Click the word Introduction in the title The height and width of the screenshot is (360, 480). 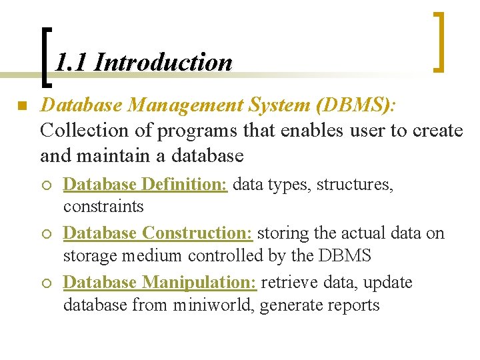coord(163,63)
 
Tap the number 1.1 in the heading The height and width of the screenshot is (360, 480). coord(71,63)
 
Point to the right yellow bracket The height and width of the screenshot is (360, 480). coord(439,41)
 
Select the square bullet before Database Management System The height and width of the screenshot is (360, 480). coord(21,107)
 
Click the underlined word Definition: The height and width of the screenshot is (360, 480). coord(186,184)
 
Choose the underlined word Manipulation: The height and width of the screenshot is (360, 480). coord(199,283)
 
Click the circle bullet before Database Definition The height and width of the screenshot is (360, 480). coord(47,185)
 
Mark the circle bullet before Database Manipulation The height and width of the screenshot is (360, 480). coord(47,284)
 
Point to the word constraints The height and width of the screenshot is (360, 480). coord(103,207)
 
